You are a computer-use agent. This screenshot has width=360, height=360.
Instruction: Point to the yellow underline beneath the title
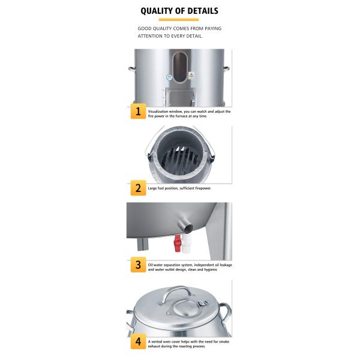(x=179, y=20)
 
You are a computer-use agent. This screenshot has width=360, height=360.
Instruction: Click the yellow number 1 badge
(x=138, y=111)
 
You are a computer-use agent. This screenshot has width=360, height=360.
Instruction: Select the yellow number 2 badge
(x=138, y=188)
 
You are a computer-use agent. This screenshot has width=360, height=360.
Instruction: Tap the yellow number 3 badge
(x=138, y=265)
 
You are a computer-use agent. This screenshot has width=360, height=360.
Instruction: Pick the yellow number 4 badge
(x=138, y=341)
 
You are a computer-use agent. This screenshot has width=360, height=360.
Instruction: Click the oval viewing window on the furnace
(x=180, y=67)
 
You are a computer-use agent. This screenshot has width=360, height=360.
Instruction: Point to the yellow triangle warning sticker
(x=191, y=75)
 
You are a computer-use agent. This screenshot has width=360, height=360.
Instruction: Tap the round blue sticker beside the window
(x=169, y=77)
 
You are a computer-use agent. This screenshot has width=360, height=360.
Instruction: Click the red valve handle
(x=177, y=244)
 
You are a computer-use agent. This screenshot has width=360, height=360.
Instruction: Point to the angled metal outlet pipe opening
(x=189, y=227)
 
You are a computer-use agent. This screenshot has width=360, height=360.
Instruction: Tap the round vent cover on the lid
(x=185, y=308)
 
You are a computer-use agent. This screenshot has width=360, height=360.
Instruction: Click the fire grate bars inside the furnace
(x=179, y=158)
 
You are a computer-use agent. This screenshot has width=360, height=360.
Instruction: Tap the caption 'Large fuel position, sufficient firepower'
(x=179, y=188)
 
